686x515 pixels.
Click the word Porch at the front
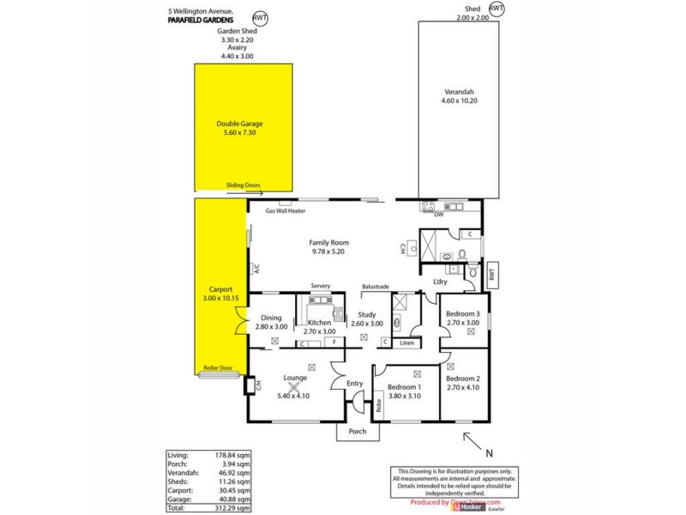(x=357, y=432)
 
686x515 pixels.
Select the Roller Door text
(x=217, y=368)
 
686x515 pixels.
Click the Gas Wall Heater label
(x=286, y=211)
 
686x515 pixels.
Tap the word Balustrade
(x=376, y=286)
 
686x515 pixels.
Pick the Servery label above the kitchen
(x=321, y=286)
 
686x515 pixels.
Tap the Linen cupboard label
(x=407, y=343)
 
